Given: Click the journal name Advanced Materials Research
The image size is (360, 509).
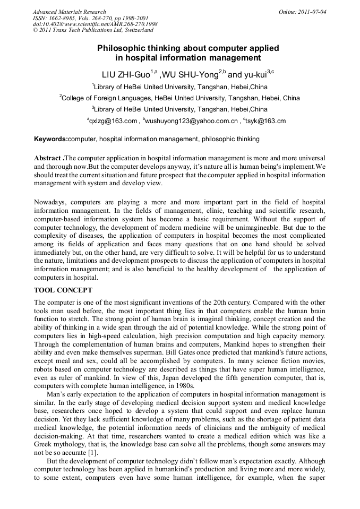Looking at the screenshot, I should tap(69, 12).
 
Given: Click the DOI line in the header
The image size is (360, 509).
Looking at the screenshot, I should tap(95, 24).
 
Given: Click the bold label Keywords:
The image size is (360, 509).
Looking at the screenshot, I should tap(51, 140).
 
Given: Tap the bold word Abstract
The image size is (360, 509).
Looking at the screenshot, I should tap(47, 159).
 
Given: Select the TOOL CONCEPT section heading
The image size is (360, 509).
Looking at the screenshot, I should tap(63, 290).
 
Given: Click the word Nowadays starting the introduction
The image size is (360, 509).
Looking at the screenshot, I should tap(50, 203).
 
